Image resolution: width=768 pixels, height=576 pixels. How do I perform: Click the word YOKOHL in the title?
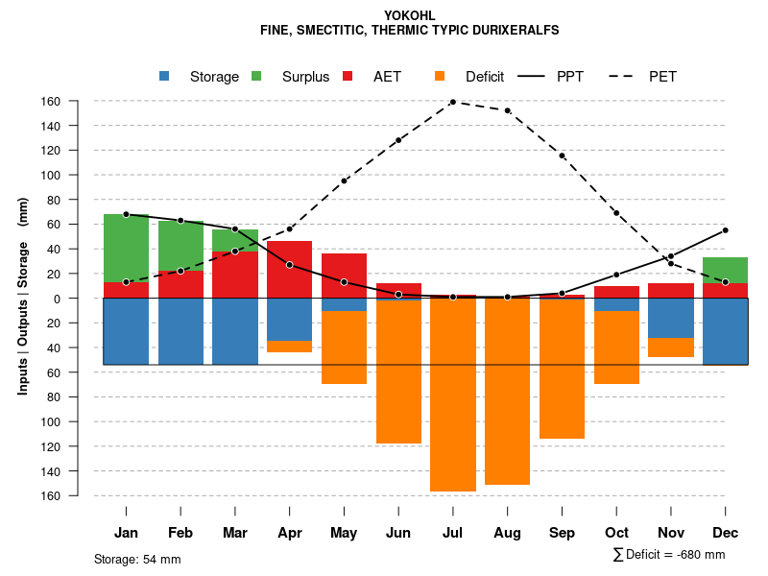tap(409, 15)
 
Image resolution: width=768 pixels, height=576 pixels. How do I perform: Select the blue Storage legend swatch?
tap(164, 77)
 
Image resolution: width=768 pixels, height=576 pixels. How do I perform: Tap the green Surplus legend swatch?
tap(256, 77)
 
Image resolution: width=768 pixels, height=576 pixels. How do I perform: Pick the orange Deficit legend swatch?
tap(440, 77)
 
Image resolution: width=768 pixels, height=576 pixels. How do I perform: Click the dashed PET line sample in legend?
tap(623, 77)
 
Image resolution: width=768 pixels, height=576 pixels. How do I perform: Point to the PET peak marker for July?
tap(452, 102)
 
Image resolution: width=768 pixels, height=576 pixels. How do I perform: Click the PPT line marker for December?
tap(725, 230)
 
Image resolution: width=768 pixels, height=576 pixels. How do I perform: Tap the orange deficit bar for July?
tap(452, 395)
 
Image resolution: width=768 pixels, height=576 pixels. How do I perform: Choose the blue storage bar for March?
tap(234, 331)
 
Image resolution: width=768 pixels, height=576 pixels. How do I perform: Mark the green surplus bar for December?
tap(725, 270)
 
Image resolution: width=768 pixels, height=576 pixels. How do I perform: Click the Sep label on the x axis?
tap(562, 533)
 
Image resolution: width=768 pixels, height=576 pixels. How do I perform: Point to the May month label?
tap(344, 533)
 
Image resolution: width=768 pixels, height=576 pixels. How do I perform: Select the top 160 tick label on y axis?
tap(78, 102)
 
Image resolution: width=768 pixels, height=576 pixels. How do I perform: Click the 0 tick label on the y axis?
tap(84, 299)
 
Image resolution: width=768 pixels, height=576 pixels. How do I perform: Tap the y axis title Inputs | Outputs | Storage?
tap(23, 297)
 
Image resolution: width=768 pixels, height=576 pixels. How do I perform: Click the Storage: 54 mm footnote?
tap(137, 559)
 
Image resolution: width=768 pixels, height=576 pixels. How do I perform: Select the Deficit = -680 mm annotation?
tap(668, 555)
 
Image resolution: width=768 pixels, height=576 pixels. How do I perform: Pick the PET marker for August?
tap(507, 110)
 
